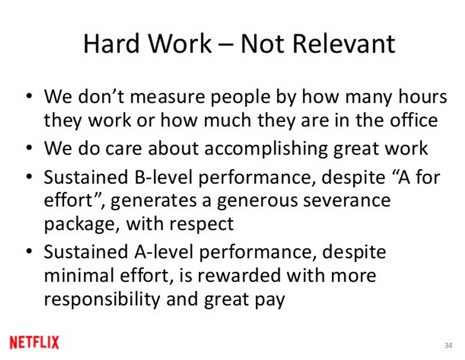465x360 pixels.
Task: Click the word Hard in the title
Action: (111, 44)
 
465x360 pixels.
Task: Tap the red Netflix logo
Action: (34, 342)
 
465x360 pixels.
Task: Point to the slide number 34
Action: (448, 345)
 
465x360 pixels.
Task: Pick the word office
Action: (414, 120)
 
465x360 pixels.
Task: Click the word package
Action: (79, 224)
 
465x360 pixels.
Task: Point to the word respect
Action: (201, 225)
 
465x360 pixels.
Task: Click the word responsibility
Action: (102, 299)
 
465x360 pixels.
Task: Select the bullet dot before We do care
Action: (29, 148)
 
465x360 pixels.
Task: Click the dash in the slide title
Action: (225, 45)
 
